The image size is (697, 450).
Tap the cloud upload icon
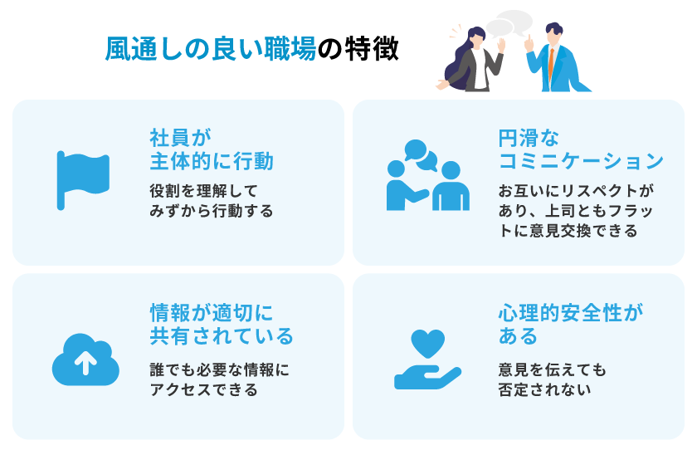tap(85, 361)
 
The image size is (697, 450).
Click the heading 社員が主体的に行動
tap(211, 148)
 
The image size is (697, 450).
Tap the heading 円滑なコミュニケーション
tap(580, 148)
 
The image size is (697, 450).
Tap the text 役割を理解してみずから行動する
tap(211, 200)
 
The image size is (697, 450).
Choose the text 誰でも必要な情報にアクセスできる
tap(219, 378)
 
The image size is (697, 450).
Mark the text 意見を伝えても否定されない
tap(552, 378)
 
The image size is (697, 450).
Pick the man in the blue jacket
tap(558, 62)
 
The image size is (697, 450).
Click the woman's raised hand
tap(500, 45)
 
